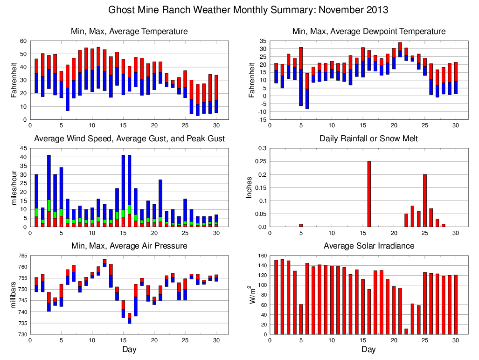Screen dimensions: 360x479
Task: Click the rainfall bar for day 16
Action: tap(369, 194)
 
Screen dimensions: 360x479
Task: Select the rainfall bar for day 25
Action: tap(424, 201)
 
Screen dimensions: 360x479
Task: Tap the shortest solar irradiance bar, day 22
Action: tap(406, 332)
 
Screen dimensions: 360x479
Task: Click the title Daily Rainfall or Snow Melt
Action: tap(368, 138)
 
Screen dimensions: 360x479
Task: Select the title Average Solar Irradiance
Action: tap(368, 245)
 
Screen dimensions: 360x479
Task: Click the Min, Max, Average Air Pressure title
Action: tap(129, 245)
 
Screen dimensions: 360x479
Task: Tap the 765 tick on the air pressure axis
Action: tap(22, 256)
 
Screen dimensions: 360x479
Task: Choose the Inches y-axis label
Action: tap(250, 187)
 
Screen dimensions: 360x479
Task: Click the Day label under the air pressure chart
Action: tap(129, 349)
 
